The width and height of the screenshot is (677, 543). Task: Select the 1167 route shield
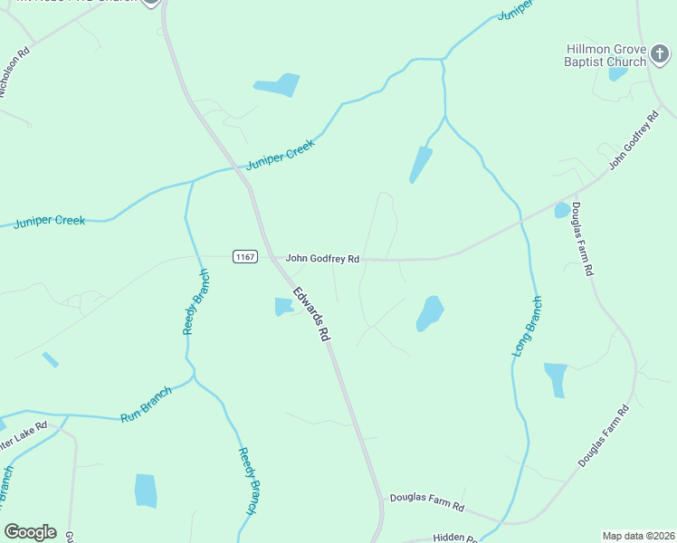click(243, 257)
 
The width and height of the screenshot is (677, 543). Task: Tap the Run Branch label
click(146, 405)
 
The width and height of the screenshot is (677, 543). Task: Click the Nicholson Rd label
click(16, 71)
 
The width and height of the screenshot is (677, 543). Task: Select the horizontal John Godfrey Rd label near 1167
click(322, 259)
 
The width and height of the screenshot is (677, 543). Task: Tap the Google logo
click(30, 532)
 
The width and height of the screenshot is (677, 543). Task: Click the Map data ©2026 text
click(639, 536)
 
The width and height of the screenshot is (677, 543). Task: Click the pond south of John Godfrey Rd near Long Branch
click(430, 313)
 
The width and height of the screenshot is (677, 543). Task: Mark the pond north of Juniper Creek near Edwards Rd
click(277, 85)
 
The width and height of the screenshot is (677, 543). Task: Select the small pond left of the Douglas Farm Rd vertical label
click(562, 211)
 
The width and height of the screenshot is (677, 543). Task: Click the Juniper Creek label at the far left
click(50, 221)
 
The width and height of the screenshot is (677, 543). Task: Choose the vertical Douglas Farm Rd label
click(582, 239)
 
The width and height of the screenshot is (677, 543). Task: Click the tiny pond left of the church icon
click(617, 73)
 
